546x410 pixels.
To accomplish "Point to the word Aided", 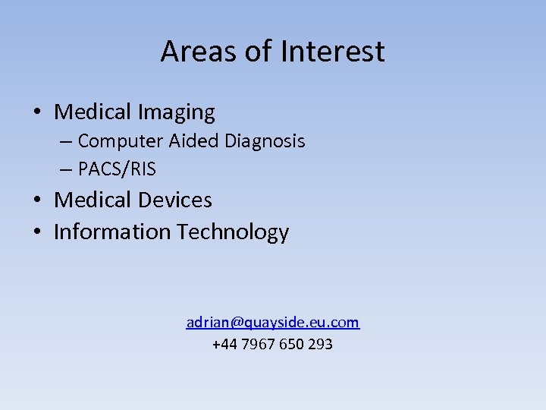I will coord(178,141).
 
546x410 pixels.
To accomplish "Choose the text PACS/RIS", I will coord(117,169).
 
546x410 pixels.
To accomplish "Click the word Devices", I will coord(176,200).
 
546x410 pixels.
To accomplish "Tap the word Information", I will coord(112,232).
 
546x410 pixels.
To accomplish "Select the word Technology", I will coord(233,232).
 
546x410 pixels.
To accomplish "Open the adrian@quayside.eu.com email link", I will coord(273,323).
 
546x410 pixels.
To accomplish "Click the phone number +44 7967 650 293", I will coord(272,345).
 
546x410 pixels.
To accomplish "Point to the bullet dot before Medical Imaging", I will coord(36,113).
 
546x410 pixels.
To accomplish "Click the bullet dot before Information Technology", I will coord(36,232).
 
